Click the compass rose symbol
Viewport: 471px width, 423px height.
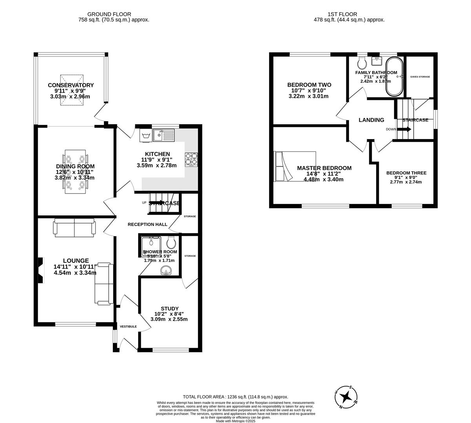[x=346, y=397]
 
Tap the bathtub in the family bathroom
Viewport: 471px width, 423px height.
[x=394, y=77]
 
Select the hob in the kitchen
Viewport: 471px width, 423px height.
[x=191, y=159]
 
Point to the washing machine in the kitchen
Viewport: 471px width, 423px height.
[x=145, y=136]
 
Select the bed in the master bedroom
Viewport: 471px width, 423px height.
[x=295, y=166]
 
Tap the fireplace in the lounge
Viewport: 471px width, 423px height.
[x=40, y=270]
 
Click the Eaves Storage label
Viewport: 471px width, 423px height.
[x=420, y=77]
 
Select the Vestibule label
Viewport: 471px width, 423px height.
[x=128, y=326]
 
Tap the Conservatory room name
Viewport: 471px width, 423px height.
[x=71, y=85]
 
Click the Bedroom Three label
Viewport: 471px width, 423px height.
[x=406, y=173]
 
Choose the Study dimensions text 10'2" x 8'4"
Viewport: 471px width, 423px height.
[x=169, y=314]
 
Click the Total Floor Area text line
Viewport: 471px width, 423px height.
[x=235, y=397]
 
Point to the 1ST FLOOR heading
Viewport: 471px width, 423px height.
[x=349, y=14]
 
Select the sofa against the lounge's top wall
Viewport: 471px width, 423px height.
[x=75, y=227]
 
